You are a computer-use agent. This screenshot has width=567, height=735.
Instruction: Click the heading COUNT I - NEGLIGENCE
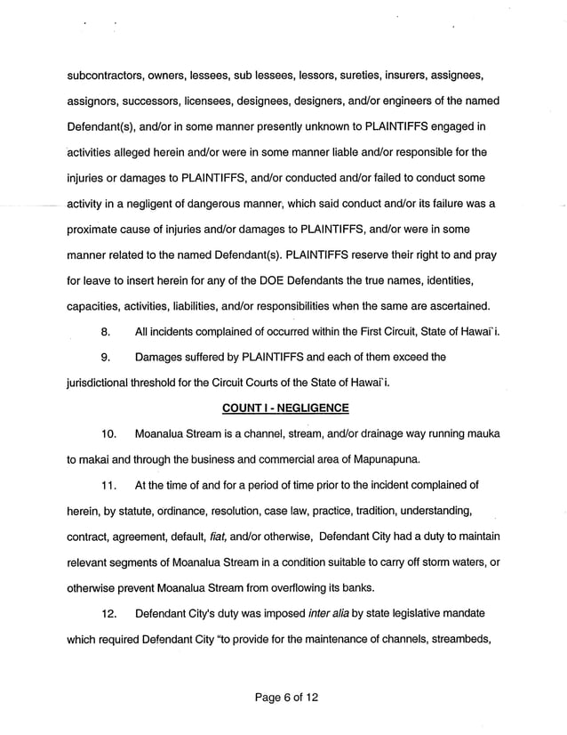[x=283, y=408]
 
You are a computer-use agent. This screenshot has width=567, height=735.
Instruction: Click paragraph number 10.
[x=109, y=434]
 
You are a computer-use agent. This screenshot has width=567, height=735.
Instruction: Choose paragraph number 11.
[x=109, y=485]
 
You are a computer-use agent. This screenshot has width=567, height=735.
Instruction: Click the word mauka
[x=480, y=434]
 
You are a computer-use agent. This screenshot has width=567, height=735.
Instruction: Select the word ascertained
[x=458, y=306]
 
